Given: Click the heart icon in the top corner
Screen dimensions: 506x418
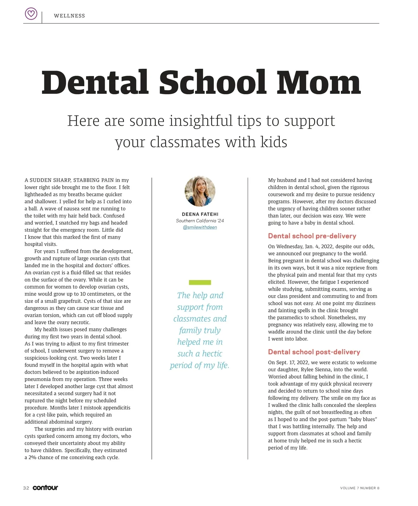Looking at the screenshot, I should click(31, 14).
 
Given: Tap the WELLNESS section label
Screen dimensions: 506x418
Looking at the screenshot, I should click(69, 16).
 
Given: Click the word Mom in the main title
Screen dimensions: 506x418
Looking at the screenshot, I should click(318, 83).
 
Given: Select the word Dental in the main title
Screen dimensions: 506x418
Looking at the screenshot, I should click(95, 83).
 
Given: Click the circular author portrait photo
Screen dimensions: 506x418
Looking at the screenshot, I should click(200, 191).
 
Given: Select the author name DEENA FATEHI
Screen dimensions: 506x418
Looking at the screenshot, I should click(200, 214).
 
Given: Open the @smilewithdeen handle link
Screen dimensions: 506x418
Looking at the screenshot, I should click(200, 227).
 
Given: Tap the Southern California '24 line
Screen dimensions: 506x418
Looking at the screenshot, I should click(200, 221).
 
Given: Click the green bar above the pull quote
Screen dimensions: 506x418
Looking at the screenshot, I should click(200, 282).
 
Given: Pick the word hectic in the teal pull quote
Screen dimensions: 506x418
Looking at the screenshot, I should click(212, 354).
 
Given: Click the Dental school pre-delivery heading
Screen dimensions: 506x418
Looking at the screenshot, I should click(312, 236).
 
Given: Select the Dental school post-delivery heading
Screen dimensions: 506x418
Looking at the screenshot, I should click(314, 352).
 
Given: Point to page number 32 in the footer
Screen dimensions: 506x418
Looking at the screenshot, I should click(26, 488).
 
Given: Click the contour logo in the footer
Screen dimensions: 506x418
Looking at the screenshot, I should click(45, 488).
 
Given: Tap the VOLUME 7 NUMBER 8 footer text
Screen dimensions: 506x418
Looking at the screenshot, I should click(359, 488).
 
